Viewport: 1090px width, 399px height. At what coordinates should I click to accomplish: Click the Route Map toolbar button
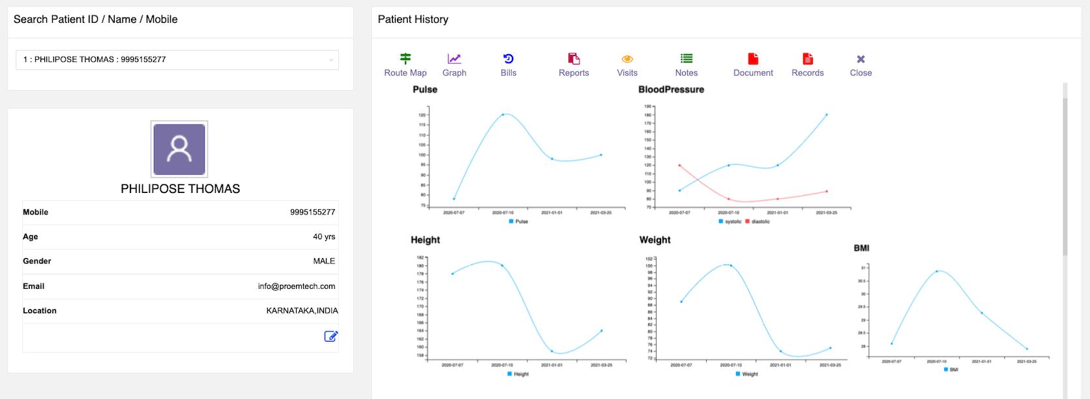click(405, 65)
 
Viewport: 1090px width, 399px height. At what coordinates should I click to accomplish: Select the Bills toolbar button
click(508, 65)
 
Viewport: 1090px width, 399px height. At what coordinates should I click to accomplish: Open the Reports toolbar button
click(574, 65)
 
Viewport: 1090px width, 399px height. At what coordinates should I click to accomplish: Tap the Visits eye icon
click(627, 59)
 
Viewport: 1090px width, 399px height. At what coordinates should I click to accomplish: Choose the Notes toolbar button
click(686, 65)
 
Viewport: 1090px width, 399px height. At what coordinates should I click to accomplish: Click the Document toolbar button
click(753, 65)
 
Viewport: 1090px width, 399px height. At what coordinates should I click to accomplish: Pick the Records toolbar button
click(808, 65)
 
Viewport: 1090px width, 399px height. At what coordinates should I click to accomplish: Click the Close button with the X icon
click(861, 65)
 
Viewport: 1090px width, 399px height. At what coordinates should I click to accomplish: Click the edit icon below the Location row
click(331, 336)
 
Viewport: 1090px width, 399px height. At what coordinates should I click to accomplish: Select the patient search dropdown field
click(177, 60)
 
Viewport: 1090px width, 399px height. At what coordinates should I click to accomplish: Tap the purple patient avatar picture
click(179, 149)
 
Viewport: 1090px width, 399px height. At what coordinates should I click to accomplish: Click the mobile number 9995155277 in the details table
click(312, 213)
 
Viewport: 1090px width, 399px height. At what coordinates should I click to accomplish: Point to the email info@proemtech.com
click(297, 286)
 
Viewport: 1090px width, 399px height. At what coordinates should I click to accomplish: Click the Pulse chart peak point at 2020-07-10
click(503, 115)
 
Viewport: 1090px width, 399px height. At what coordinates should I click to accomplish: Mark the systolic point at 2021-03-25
click(827, 115)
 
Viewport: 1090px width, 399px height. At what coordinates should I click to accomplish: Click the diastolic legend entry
click(758, 222)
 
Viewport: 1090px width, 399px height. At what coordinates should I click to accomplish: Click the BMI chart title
click(861, 248)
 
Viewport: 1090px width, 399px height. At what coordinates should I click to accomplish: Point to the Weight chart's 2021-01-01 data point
click(780, 351)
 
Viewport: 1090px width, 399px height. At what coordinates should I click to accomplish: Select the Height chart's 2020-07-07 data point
click(452, 274)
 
